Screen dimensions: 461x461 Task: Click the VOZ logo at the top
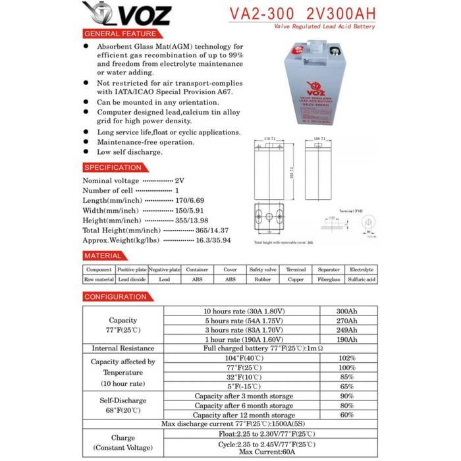pyautogui.click(x=126, y=14)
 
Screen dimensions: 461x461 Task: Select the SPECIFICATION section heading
pyautogui.click(x=113, y=167)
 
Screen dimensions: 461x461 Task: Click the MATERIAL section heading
pyautogui.click(x=103, y=255)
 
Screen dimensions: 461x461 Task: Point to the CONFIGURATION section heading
pyautogui.click(x=116, y=297)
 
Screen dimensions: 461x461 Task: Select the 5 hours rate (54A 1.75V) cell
pyautogui.click(x=243, y=320)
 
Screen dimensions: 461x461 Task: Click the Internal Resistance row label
pyautogui.click(x=123, y=348)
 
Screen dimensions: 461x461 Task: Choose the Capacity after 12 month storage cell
pyautogui.click(x=244, y=416)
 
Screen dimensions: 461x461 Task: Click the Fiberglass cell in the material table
pyautogui.click(x=329, y=279)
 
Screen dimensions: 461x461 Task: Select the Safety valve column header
pyautogui.click(x=263, y=269)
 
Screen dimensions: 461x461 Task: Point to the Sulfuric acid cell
pyautogui.click(x=362, y=279)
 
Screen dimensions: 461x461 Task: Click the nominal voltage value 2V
pyautogui.click(x=180, y=180)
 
